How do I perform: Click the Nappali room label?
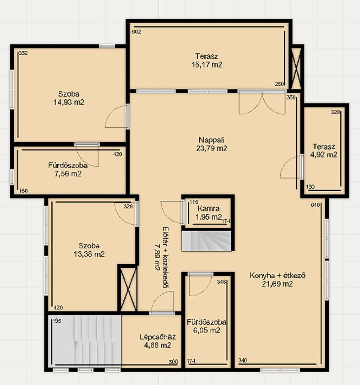tap(211, 140)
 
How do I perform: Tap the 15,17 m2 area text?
tap(207, 64)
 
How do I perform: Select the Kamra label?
tap(208, 208)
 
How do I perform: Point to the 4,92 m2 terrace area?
tap(323, 155)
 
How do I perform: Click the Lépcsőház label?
tap(158, 337)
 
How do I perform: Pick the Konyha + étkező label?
tap(277, 276)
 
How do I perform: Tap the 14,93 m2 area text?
tap(69, 102)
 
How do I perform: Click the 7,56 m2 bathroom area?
tap(68, 174)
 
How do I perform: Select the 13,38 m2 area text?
tap(89, 254)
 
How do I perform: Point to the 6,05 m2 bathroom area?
tap(207, 330)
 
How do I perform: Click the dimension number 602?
tap(136, 32)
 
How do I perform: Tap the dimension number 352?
tap(23, 53)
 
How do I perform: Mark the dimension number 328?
tap(335, 112)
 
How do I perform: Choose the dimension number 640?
tap(315, 205)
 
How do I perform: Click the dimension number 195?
tap(57, 321)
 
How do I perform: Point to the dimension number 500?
tap(173, 362)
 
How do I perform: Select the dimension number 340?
tap(243, 360)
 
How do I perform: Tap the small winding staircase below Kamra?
tap(206, 241)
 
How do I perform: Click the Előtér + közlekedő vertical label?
tap(162, 257)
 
